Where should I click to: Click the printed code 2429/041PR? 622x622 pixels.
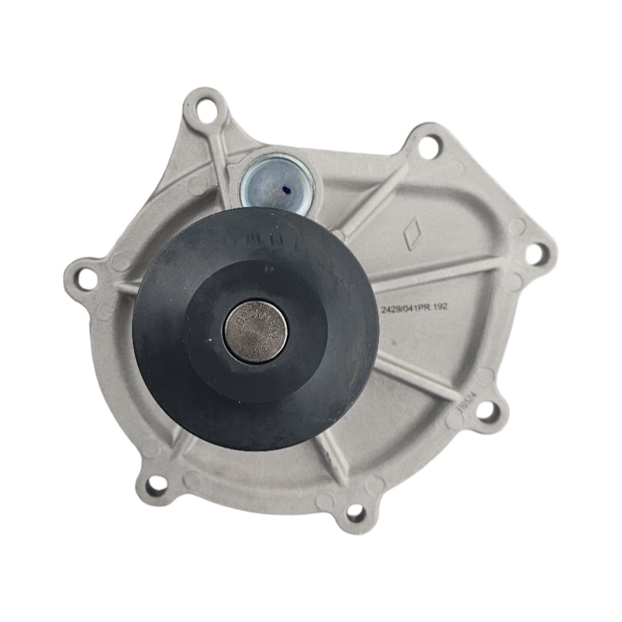pyautogui.click(x=408, y=310)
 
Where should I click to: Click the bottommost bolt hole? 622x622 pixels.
pyautogui.click(x=355, y=512)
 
